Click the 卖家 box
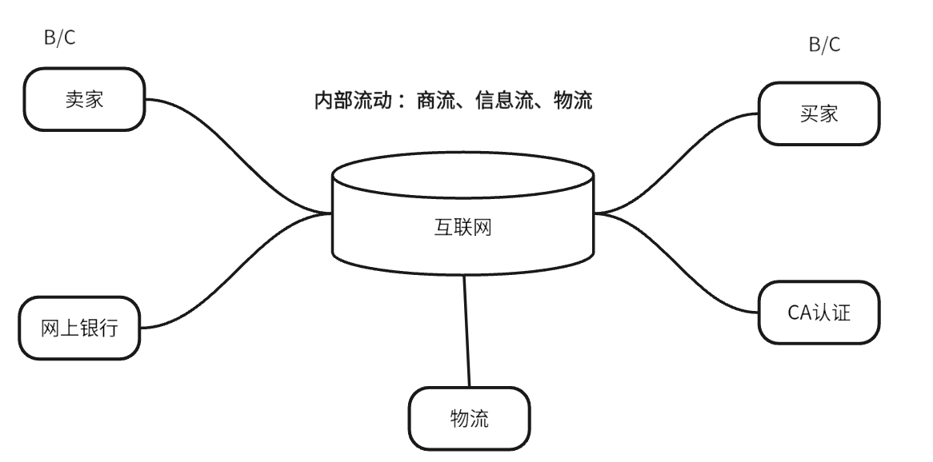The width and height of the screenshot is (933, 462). pyautogui.click(x=84, y=100)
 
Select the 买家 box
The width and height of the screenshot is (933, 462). pyautogui.click(x=819, y=114)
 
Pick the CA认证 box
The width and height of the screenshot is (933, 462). pyautogui.click(x=819, y=312)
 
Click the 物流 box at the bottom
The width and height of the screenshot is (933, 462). pyautogui.click(x=470, y=418)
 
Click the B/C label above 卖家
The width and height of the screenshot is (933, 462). pyautogui.click(x=60, y=38)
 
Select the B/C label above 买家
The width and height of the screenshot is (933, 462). pyautogui.click(x=825, y=45)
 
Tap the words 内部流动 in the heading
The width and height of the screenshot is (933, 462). pyautogui.click(x=352, y=102)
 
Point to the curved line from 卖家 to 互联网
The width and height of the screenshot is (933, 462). pyautogui.click(x=240, y=153)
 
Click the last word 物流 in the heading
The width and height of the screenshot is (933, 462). pyautogui.click(x=573, y=102)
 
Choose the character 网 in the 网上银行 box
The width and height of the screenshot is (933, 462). pyautogui.click(x=50, y=329)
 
